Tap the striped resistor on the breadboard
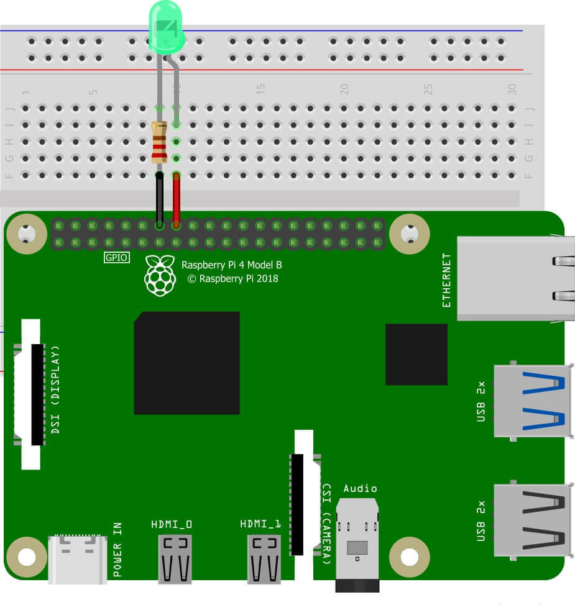(160, 142)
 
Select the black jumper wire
(160, 199)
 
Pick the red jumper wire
(177, 199)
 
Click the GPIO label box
(116, 257)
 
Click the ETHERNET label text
(447, 280)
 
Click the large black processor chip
(186, 363)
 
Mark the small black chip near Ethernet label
(416, 354)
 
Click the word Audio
(360, 488)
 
